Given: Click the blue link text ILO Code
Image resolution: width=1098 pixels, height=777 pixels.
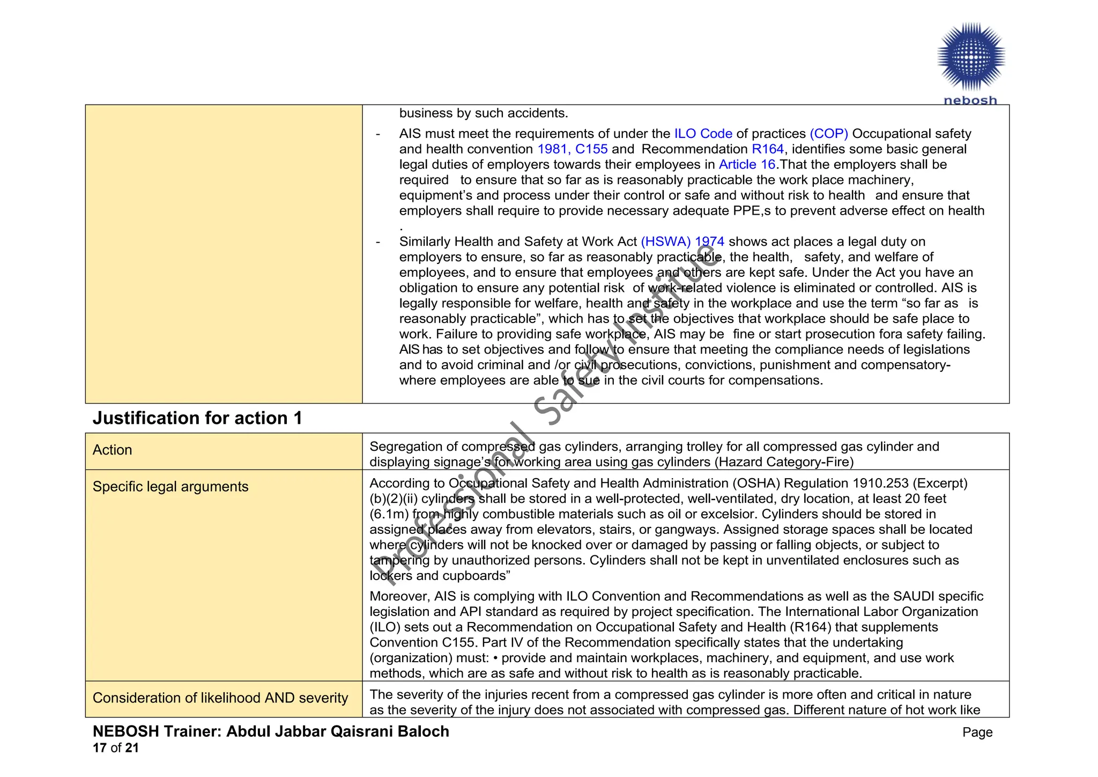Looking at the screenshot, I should (703, 134).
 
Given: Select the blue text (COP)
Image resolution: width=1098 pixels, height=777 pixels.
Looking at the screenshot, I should (828, 134).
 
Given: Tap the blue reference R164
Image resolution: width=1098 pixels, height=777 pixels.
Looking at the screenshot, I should (767, 149).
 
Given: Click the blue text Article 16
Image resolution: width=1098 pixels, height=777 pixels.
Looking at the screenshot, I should (747, 165).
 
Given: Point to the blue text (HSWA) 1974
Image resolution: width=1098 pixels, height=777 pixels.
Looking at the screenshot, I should (682, 242).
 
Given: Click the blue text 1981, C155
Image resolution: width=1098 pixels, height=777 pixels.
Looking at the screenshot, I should (572, 149).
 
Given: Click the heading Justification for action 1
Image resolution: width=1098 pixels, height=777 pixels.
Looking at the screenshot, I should (197, 418).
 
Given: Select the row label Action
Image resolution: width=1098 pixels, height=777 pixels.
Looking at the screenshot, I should (112, 450).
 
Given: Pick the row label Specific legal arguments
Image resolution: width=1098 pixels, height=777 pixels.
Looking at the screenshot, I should (170, 487).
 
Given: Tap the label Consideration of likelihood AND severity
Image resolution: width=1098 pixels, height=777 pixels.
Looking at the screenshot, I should (220, 698).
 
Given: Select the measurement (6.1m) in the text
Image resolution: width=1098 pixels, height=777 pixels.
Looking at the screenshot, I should (389, 514).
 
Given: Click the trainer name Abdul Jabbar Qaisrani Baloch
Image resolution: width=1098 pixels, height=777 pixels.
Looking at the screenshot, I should (337, 732).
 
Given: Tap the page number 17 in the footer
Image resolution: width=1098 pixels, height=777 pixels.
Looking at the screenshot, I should (99, 748).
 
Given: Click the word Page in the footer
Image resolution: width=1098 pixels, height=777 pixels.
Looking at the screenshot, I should (977, 732).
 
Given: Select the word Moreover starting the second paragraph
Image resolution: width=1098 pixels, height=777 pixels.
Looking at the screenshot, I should (399, 597).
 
